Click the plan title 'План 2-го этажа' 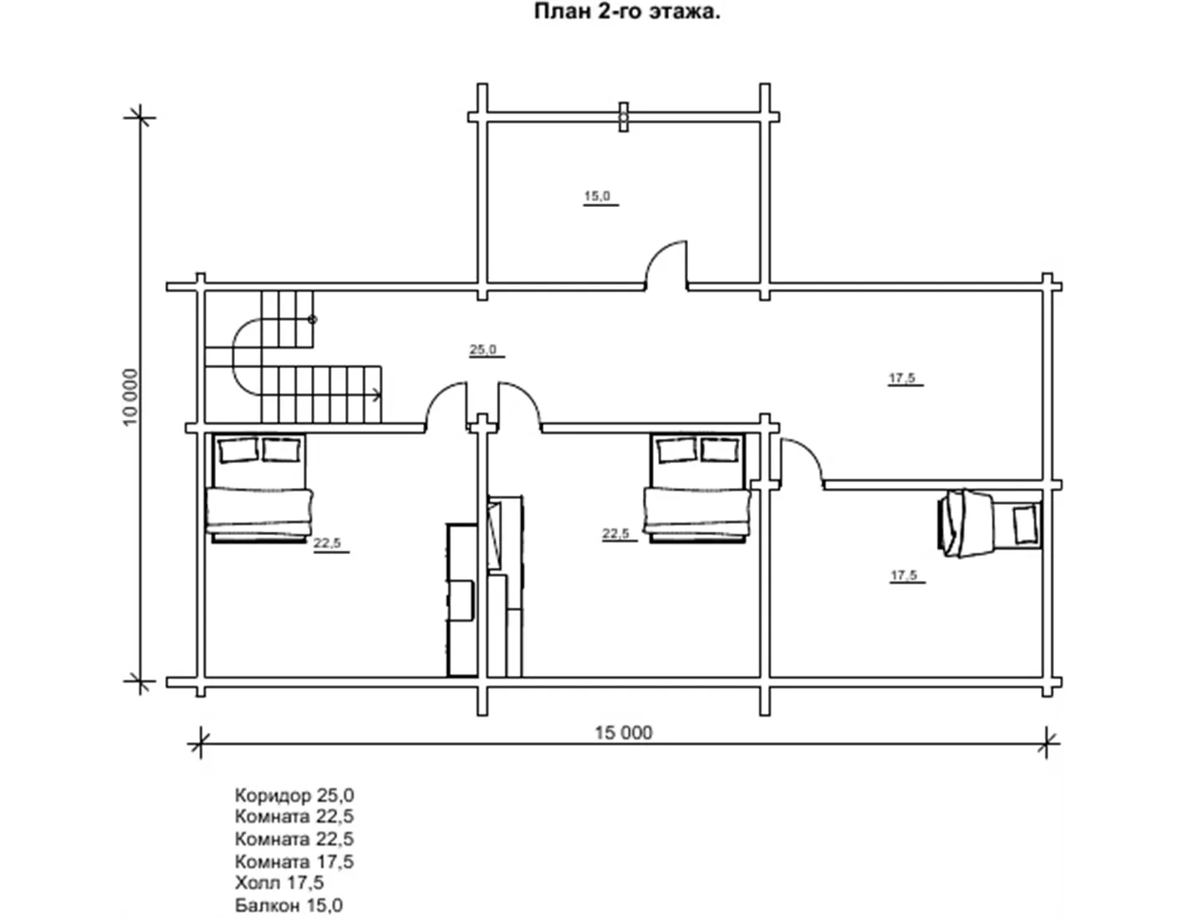[627, 12]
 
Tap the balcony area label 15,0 [597, 195]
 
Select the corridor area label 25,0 [483, 349]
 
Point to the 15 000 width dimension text [623, 733]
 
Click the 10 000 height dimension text [130, 397]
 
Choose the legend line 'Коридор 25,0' [294, 795]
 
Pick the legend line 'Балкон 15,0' [289, 905]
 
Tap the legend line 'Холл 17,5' [279, 882]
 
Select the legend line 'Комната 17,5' [294, 861]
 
